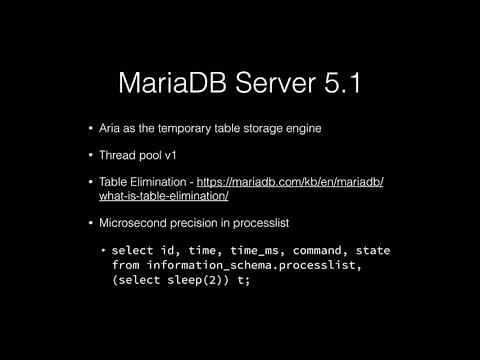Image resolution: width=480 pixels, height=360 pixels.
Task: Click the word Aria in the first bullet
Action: tap(109, 129)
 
